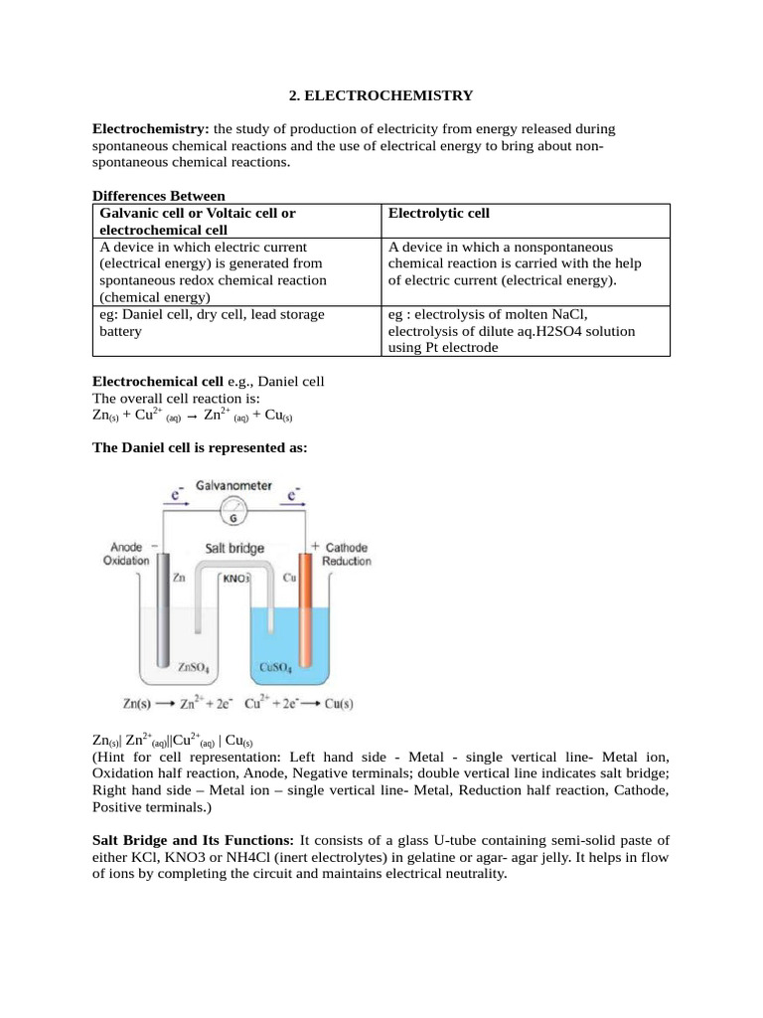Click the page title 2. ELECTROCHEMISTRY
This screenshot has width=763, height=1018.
(x=381, y=96)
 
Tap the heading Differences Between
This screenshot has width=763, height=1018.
(x=159, y=196)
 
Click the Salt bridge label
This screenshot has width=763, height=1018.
(x=234, y=548)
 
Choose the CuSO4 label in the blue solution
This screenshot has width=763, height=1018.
(x=274, y=669)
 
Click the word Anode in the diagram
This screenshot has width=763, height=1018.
(x=126, y=547)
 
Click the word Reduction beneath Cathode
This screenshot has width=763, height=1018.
(x=347, y=562)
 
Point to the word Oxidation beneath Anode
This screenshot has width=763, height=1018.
(x=126, y=561)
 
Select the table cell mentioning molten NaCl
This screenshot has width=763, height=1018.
(x=527, y=330)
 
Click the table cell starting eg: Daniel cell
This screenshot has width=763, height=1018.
(x=236, y=322)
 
